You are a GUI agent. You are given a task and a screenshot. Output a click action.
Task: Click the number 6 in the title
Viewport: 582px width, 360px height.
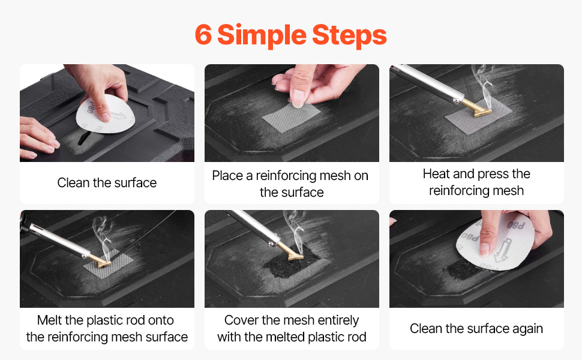[203, 35]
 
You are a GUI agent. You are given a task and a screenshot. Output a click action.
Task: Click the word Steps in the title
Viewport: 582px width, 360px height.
[349, 35]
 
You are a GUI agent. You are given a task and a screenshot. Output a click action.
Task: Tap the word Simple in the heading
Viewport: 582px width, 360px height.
[262, 36]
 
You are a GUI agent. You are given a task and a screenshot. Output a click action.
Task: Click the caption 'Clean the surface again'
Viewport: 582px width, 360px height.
[476, 328]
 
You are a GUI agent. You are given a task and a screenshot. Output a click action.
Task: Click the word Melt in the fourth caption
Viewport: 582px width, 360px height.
[49, 320]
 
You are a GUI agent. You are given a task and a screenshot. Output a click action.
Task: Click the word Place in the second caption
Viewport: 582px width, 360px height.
[227, 176]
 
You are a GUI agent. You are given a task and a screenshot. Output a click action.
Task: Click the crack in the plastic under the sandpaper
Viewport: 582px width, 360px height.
[84, 138]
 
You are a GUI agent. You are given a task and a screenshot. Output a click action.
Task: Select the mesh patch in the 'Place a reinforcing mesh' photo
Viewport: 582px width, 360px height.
[290, 117]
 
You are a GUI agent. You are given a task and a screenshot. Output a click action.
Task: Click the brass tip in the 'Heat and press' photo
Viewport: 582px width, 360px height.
[478, 108]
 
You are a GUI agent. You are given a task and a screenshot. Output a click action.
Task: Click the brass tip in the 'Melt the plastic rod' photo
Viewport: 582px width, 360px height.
[100, 260]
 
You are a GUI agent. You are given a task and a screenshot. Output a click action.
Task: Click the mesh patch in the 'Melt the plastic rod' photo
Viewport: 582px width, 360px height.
[107, 265]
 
